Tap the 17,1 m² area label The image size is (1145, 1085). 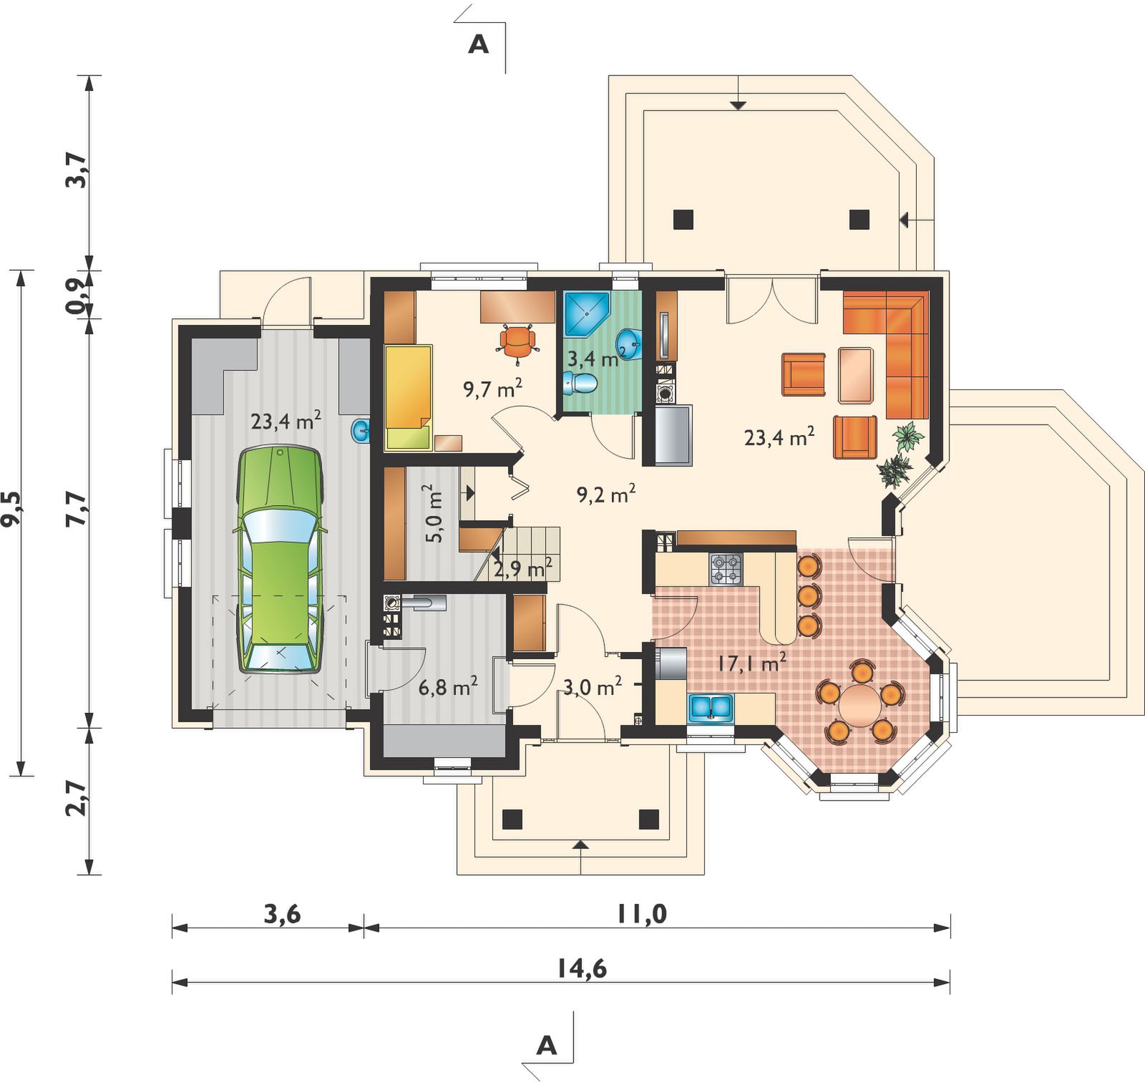[751, 662]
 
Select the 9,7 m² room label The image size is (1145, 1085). [492, 388]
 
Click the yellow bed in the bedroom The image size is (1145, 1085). [409, 397]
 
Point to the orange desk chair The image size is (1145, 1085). [517, 340]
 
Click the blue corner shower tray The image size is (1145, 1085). [585, 313]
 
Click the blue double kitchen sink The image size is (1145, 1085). [711, 707]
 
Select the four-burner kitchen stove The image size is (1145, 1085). [726, 569]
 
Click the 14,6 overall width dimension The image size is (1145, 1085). [582, 969]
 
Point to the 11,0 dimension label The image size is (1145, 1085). [642, 914]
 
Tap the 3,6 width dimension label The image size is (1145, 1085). [282, 914]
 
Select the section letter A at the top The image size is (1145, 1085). [478, 44]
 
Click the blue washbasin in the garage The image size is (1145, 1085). [360, 431]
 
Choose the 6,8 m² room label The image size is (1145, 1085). [448, 688]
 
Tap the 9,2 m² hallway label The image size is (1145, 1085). [606, 494]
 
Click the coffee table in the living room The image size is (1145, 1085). [856, 375]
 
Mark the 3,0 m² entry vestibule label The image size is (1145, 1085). [593, 686]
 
